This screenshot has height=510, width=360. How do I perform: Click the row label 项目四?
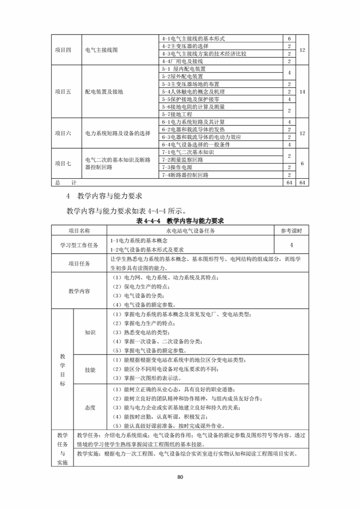(x=63, y=50)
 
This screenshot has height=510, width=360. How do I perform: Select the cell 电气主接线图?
(x=101, y=50)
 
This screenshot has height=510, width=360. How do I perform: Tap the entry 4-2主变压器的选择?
(x=185, y=46)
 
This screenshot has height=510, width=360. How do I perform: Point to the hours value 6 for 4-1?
(x=289, y=39)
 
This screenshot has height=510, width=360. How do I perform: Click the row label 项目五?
(x=63, y=91)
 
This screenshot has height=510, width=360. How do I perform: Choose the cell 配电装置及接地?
(x=104, y=91)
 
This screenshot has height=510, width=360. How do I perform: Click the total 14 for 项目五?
(x=302, y=91)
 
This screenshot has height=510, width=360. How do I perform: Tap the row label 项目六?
(x=63, y=133)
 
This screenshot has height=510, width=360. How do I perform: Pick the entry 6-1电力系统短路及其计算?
(x=193, y=122)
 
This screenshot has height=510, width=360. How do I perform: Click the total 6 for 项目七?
(x=302, y=164)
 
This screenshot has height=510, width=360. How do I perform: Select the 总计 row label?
(x=64, y=182)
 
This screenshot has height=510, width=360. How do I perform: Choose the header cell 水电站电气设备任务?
(x=190, y=231)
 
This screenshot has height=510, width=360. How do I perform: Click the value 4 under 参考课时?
(x=291, y=245)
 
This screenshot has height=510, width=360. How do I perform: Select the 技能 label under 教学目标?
(x=90, y=370)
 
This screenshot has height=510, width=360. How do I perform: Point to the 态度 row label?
(x=90, y=407)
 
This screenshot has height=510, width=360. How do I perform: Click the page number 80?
(x=180, y=477)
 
